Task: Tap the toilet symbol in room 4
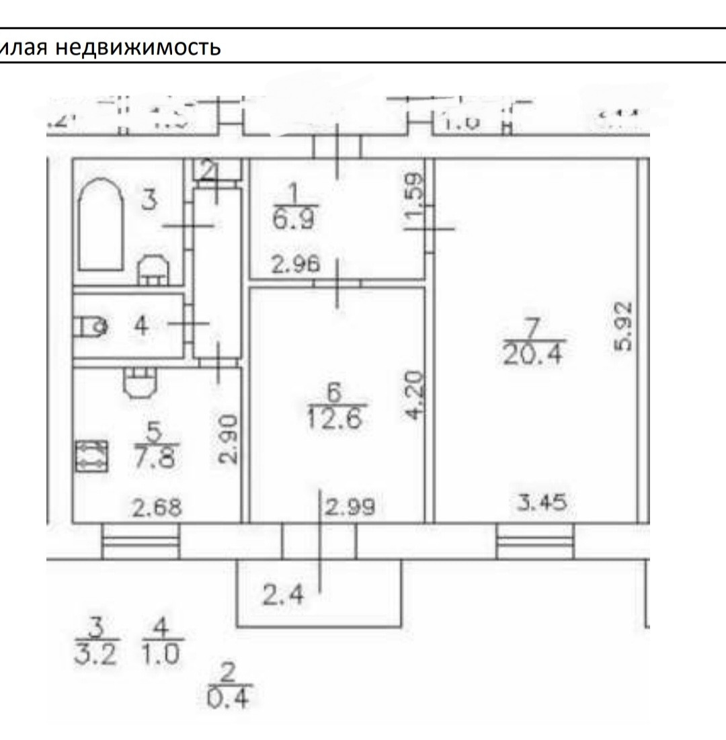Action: pyautogui.click(x=91, y=327)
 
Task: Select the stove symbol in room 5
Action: pyautogui.click(x=91, y=456)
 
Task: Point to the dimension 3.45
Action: pyautogui.click(x=545, y=502)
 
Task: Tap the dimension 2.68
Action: pyautogui.click(x=157, y=507)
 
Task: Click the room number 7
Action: pyautogui.click(x=531, y=329)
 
